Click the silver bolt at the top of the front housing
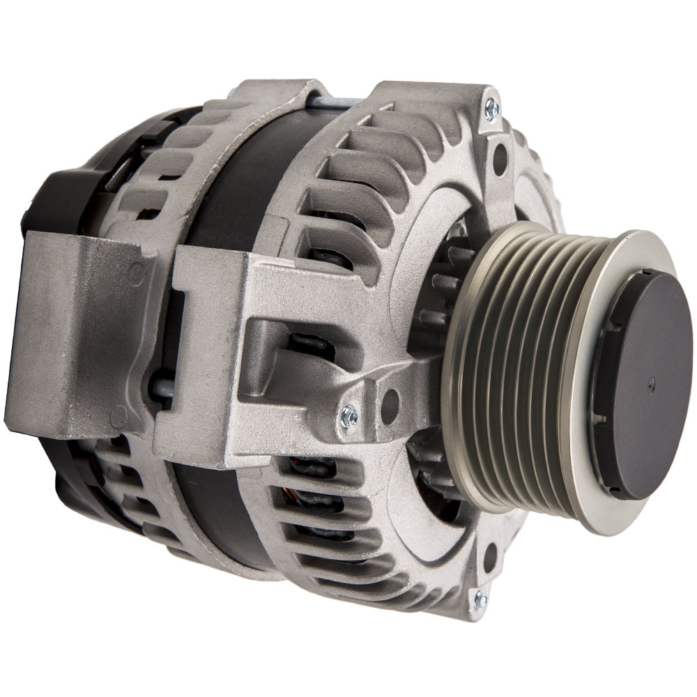click(492, 106)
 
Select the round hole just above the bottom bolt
click(491, 556)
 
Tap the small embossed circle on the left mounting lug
click(137, 273)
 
